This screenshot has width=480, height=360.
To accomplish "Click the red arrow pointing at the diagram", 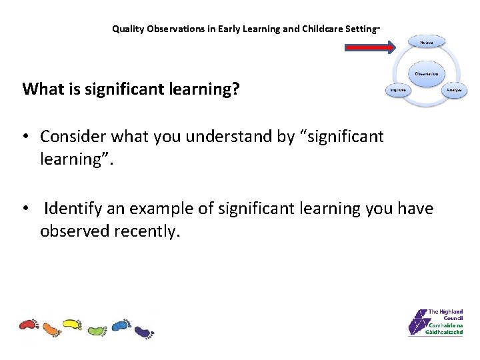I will point(370,47).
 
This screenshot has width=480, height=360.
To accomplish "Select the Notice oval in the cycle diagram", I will point(427,42).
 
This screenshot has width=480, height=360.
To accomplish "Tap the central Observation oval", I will point(427,73).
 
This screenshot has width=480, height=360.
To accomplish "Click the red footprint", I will point(29,325).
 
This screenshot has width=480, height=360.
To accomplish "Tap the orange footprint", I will point(51,329).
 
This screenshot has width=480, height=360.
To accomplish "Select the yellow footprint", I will point(72,325).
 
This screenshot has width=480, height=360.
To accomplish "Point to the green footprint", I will point(97,330).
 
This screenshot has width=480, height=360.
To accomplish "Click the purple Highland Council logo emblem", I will point(417,323).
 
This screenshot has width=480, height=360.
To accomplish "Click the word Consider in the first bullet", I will point(71,137).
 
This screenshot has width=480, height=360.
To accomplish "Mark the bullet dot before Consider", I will point(25,137).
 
